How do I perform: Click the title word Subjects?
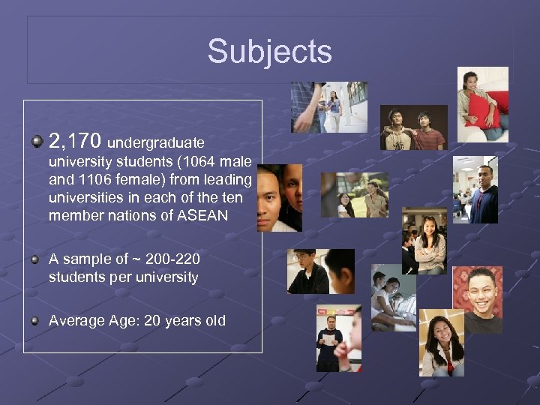269,52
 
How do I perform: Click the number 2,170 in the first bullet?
76,139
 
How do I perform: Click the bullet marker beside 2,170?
36,139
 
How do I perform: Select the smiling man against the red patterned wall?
477,299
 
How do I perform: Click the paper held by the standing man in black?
328,339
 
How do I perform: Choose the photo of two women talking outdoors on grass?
355,195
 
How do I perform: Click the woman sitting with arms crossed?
430,241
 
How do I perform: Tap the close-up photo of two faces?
280,198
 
